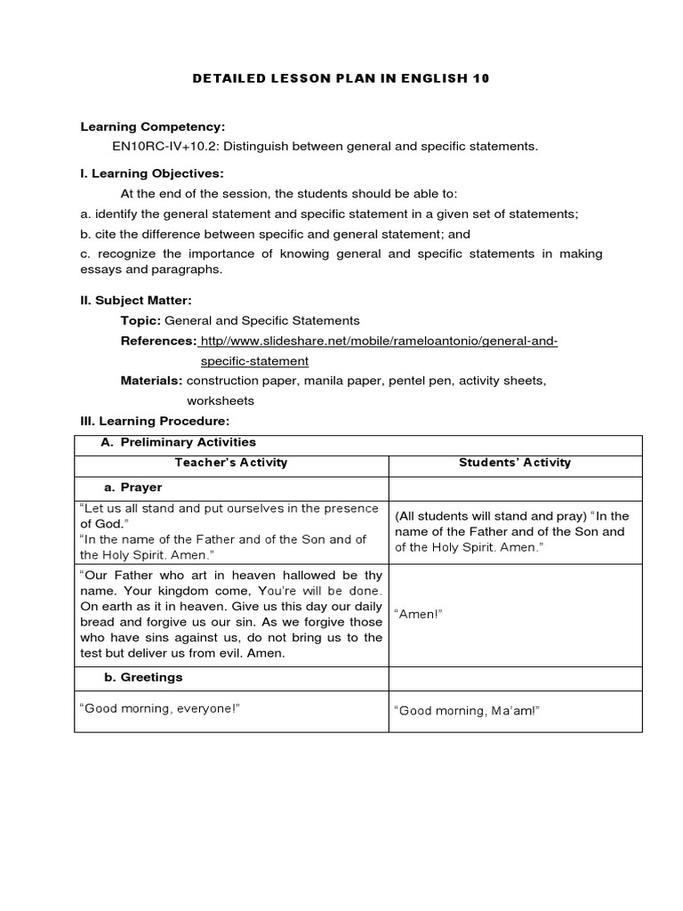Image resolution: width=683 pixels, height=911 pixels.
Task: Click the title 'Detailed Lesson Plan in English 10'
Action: click(341, 78)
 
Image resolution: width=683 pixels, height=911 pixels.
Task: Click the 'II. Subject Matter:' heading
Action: click(135, 301)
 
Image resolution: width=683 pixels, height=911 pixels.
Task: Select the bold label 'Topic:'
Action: click(141, 320)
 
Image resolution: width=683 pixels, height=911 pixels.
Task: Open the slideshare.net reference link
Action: click(380, 342)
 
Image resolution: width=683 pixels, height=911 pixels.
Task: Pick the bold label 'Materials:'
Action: click(151, 381)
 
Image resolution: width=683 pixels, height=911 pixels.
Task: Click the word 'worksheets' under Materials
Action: click(220, 400)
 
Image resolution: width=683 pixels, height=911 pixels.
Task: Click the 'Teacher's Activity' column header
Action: click(231, 463)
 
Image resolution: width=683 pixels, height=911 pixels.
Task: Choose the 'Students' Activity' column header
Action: click(515, 463)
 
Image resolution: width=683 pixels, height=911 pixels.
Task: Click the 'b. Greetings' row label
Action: click(143, 677)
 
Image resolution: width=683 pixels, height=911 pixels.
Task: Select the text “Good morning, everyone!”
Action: click(161, 708)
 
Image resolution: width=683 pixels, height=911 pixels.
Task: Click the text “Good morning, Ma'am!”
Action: click(468, 710)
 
